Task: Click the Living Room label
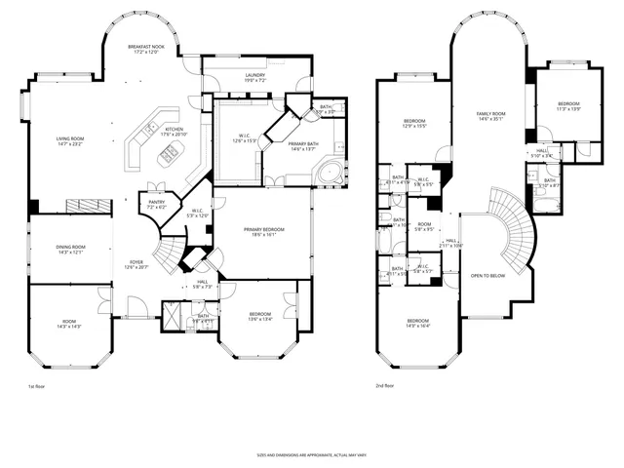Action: click(70, 141)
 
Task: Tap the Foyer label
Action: click(137, 264)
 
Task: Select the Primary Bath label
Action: click(303, 146)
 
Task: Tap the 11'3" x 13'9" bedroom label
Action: click(568, 105)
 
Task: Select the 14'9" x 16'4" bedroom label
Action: click(417, 324)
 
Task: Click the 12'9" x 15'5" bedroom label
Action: click(415, 123)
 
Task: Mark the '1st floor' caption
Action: click(36, 387)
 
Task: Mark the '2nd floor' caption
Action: click(384, 387)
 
